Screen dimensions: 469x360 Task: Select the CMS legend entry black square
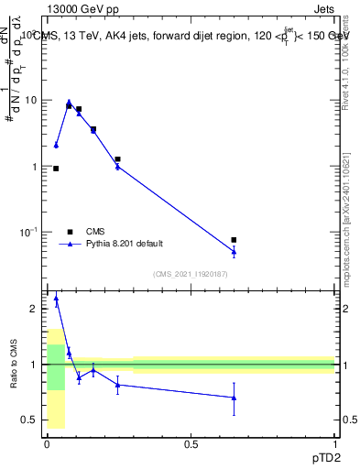70,232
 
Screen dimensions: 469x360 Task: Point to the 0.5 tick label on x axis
191,443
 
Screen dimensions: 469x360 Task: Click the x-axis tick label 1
333,443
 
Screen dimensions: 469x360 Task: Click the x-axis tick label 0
47,443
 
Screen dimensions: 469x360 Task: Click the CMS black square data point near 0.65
234,240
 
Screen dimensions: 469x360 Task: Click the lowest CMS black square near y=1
56,169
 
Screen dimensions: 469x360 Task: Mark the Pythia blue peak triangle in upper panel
69,103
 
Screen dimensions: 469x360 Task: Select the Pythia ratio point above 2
56,298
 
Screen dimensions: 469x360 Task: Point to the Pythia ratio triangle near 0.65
234,398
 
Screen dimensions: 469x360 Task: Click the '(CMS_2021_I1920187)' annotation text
190,274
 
